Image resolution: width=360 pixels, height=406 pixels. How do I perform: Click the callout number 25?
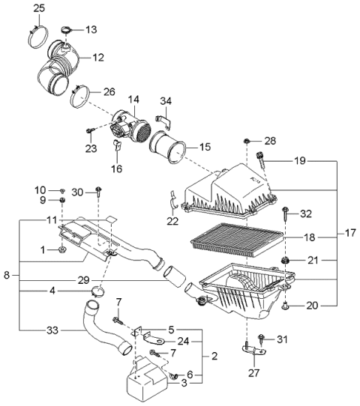click(40, 8)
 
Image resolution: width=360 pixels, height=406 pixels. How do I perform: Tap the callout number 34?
click(166, 101)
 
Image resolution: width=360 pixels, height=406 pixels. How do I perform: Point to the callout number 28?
click(270, 140)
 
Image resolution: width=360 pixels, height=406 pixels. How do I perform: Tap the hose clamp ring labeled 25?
click(38, 33)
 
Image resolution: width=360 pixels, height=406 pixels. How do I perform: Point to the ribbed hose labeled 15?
click(169, 146)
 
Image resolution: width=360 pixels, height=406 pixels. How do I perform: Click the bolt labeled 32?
click(285, 215)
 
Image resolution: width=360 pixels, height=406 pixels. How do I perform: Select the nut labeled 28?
click(247, 141)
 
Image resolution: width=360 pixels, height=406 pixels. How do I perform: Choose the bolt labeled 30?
click(98, 196)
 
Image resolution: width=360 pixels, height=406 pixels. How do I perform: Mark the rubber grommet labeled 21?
click(286, 261)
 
